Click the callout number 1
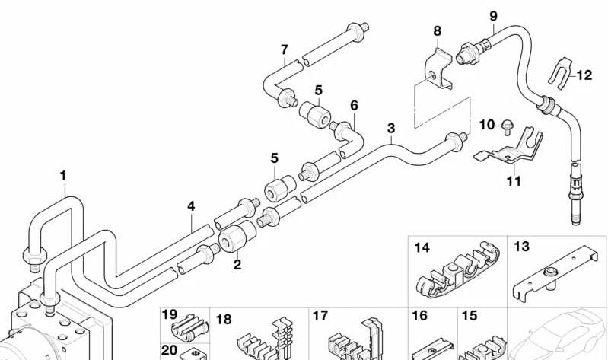(x=63, y=177)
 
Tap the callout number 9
(x=493, y=15)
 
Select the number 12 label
(x=584, y=75)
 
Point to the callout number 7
(x=284, y=50)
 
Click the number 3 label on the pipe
(x=391, y=128)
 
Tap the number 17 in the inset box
(x=320, y=315)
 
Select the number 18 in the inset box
(x=224, y=318)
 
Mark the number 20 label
(x=169, y=349)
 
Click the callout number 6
(x=354, y=104)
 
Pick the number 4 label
(x=192, y=205)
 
